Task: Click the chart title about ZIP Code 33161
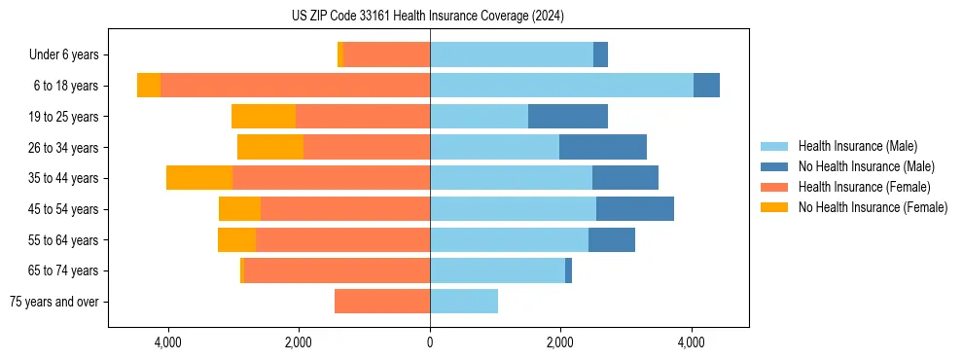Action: pyautogui.click(x=428, y=16)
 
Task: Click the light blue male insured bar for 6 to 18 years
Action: pyautogui.click(x=561, y=86)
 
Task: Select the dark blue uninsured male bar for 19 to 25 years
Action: pyautogui.click(x=568, y=117)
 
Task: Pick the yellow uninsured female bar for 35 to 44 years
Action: pyautogui.click(x=199, y=178)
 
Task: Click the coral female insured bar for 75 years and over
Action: pyautogui.click(x=382, y=302)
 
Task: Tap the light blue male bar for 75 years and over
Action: pyautogui.click(x=464, y=302)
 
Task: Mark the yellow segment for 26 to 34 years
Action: pyautogui.click(x=270, y=147)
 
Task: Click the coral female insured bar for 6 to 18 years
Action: pyautogui.click(x=295, y=86)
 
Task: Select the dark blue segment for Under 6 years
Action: pyautogui.click(x=601, y=54)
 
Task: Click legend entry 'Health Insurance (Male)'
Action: pyautogui.click(x=857, y=146)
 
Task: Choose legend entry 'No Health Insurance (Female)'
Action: pyautogui.click(x=872, y=207)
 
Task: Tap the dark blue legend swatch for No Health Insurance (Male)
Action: pyautogui.click(x=775, y=166)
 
